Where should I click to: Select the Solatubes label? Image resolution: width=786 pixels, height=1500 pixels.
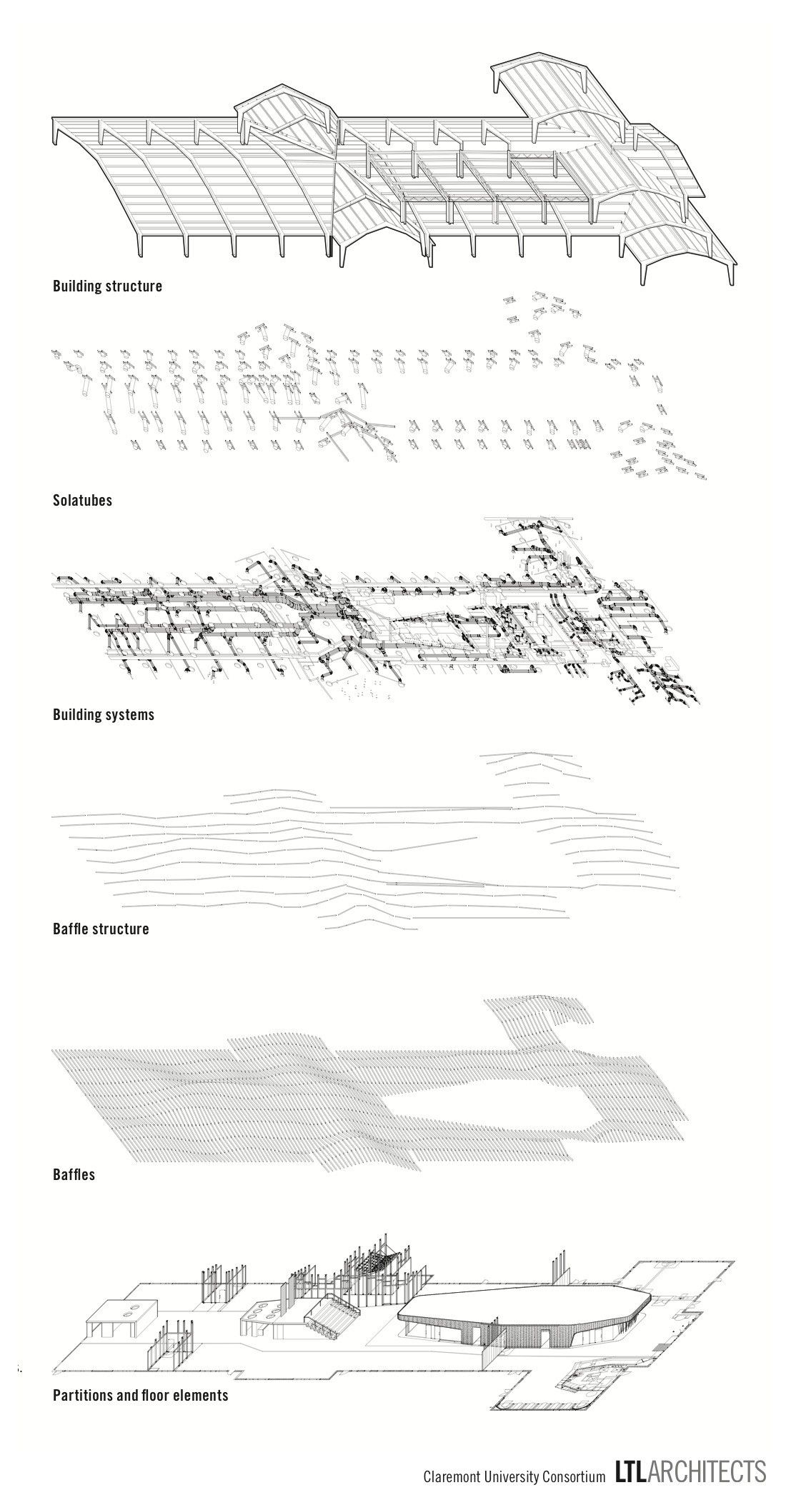pyautogui.click(x=82, y=501)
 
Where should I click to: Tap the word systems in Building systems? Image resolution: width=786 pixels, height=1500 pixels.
pyautogui.click(x=129, y=714)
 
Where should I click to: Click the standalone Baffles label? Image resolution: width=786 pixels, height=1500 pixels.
pyautogui.click(x=74, y=1174)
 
